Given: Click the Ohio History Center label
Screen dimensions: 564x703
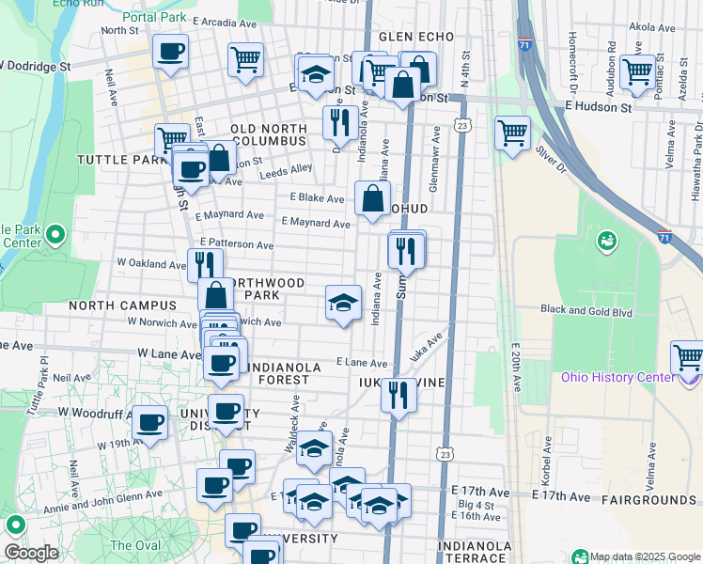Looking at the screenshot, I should [617, 378].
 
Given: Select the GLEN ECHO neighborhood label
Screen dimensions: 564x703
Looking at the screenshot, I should [416, 37].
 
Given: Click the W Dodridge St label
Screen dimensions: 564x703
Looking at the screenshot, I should [36, 68].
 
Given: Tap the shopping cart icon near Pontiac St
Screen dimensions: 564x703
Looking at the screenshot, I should [637, 70].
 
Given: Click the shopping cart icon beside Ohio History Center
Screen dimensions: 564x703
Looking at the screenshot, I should [687, 357].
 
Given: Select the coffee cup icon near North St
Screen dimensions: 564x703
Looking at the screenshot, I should [170, 51].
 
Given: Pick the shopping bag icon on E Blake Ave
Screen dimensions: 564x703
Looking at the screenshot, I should [372, 197].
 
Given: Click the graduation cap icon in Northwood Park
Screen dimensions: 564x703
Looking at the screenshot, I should [343, 302].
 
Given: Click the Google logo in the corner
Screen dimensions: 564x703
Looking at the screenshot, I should [31, 554].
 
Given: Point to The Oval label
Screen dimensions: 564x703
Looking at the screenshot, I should [134, 545].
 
